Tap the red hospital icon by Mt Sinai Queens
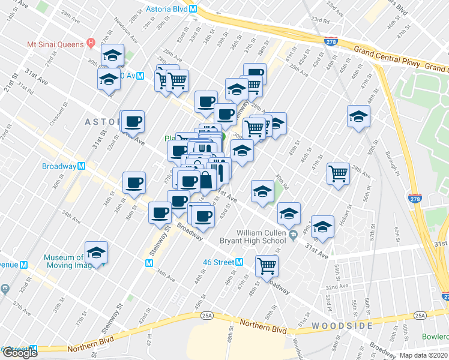91,43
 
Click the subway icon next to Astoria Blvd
193,10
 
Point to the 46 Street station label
217,262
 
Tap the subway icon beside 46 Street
239,262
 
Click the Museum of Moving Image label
64,262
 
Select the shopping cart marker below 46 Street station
267,265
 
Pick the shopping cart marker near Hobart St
339,173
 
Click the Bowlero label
435,337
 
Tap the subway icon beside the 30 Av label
140,76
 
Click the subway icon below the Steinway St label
149,263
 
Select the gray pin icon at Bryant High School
293,235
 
